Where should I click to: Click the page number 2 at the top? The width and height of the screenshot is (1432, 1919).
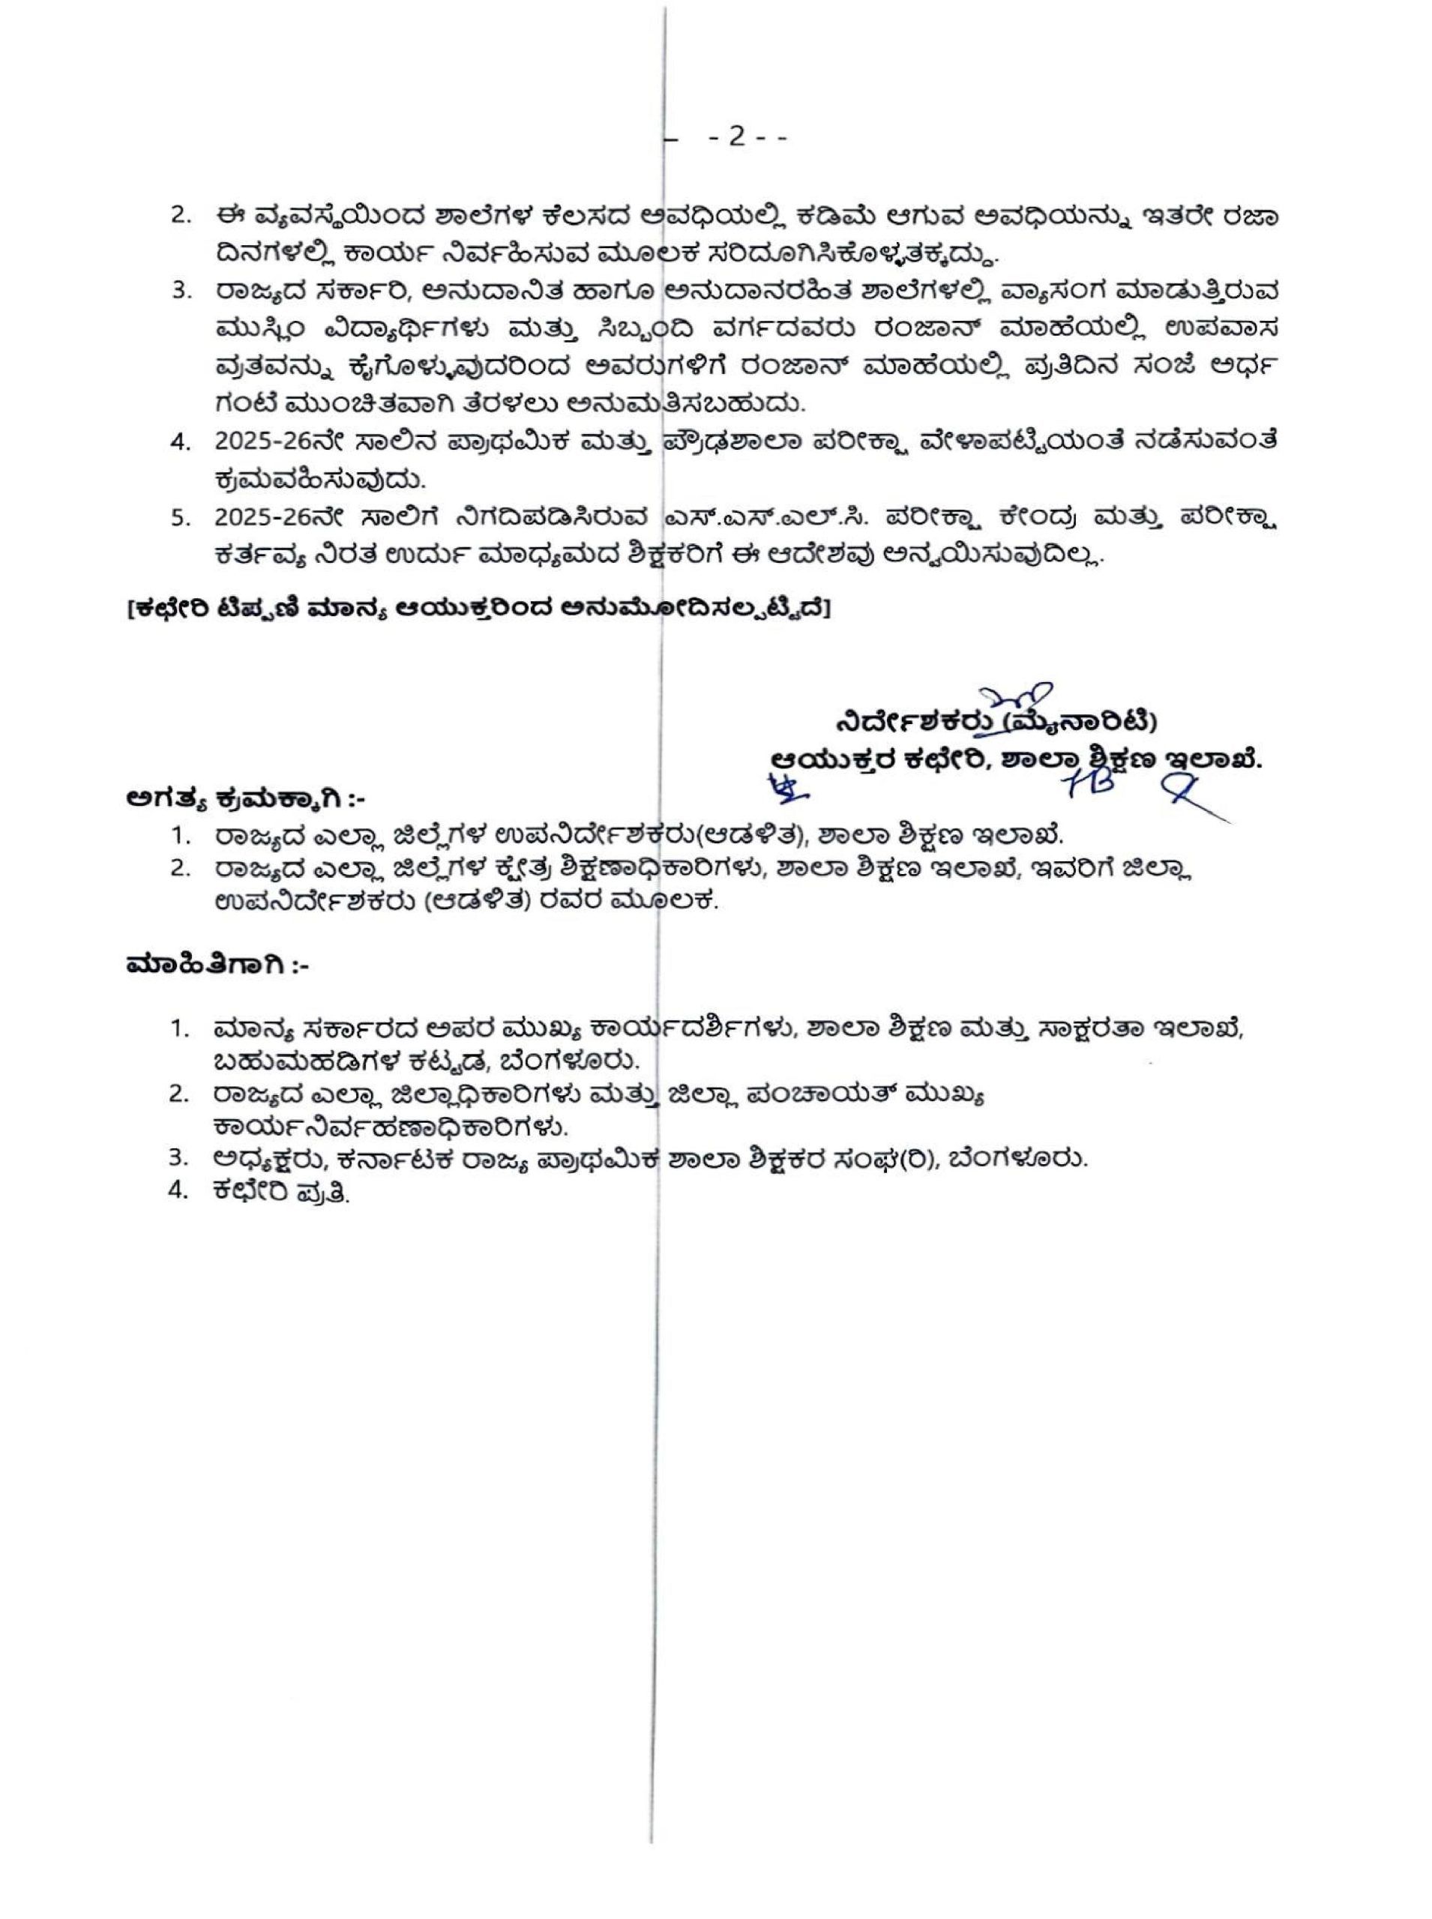(x=736, y=138)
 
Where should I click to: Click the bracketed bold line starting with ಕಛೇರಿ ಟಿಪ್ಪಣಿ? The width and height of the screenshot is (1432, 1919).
(x=478, y=609)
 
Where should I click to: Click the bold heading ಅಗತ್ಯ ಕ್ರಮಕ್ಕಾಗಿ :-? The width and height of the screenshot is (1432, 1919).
(x=252, y=798)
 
